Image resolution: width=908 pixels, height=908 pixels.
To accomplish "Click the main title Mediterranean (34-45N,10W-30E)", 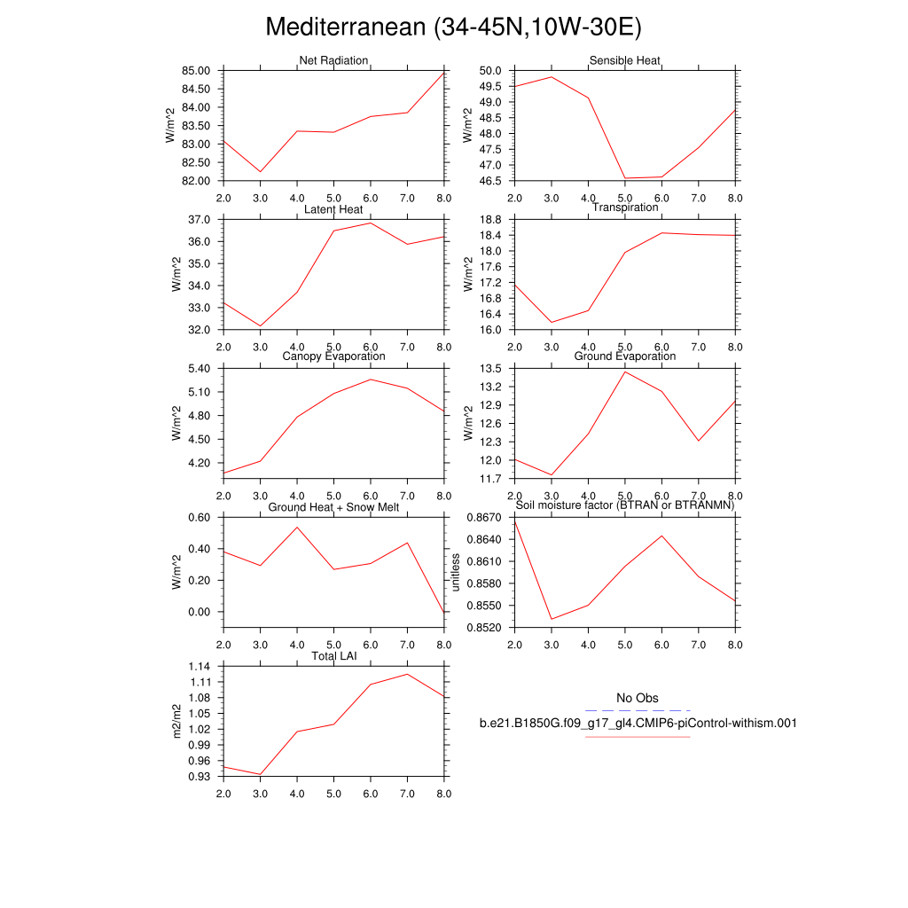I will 453,27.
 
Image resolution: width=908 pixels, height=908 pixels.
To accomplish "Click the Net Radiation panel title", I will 333,61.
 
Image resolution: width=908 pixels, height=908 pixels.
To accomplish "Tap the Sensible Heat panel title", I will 625,61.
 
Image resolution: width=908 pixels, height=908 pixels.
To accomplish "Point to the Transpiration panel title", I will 625,207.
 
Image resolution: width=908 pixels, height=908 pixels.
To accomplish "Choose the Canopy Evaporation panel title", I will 333,356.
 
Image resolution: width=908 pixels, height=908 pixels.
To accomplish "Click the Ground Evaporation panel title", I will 625,356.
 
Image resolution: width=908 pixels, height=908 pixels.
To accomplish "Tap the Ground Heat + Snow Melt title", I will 333,507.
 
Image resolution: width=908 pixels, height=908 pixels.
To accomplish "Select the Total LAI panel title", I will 333,656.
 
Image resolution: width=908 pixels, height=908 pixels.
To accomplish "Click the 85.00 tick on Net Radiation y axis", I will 197,71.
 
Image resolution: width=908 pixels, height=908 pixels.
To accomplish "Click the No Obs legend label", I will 638,699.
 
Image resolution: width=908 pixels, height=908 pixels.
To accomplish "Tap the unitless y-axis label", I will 456,572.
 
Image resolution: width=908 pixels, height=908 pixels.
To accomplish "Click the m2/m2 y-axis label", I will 177,721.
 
